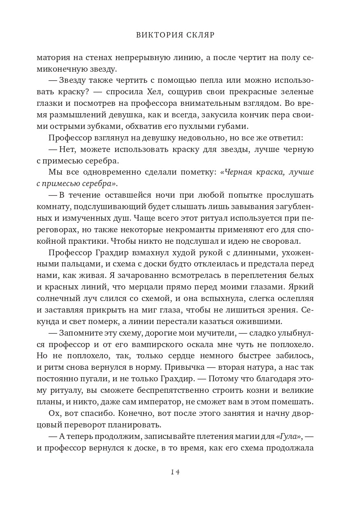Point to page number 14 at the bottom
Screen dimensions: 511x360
(175, 472)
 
